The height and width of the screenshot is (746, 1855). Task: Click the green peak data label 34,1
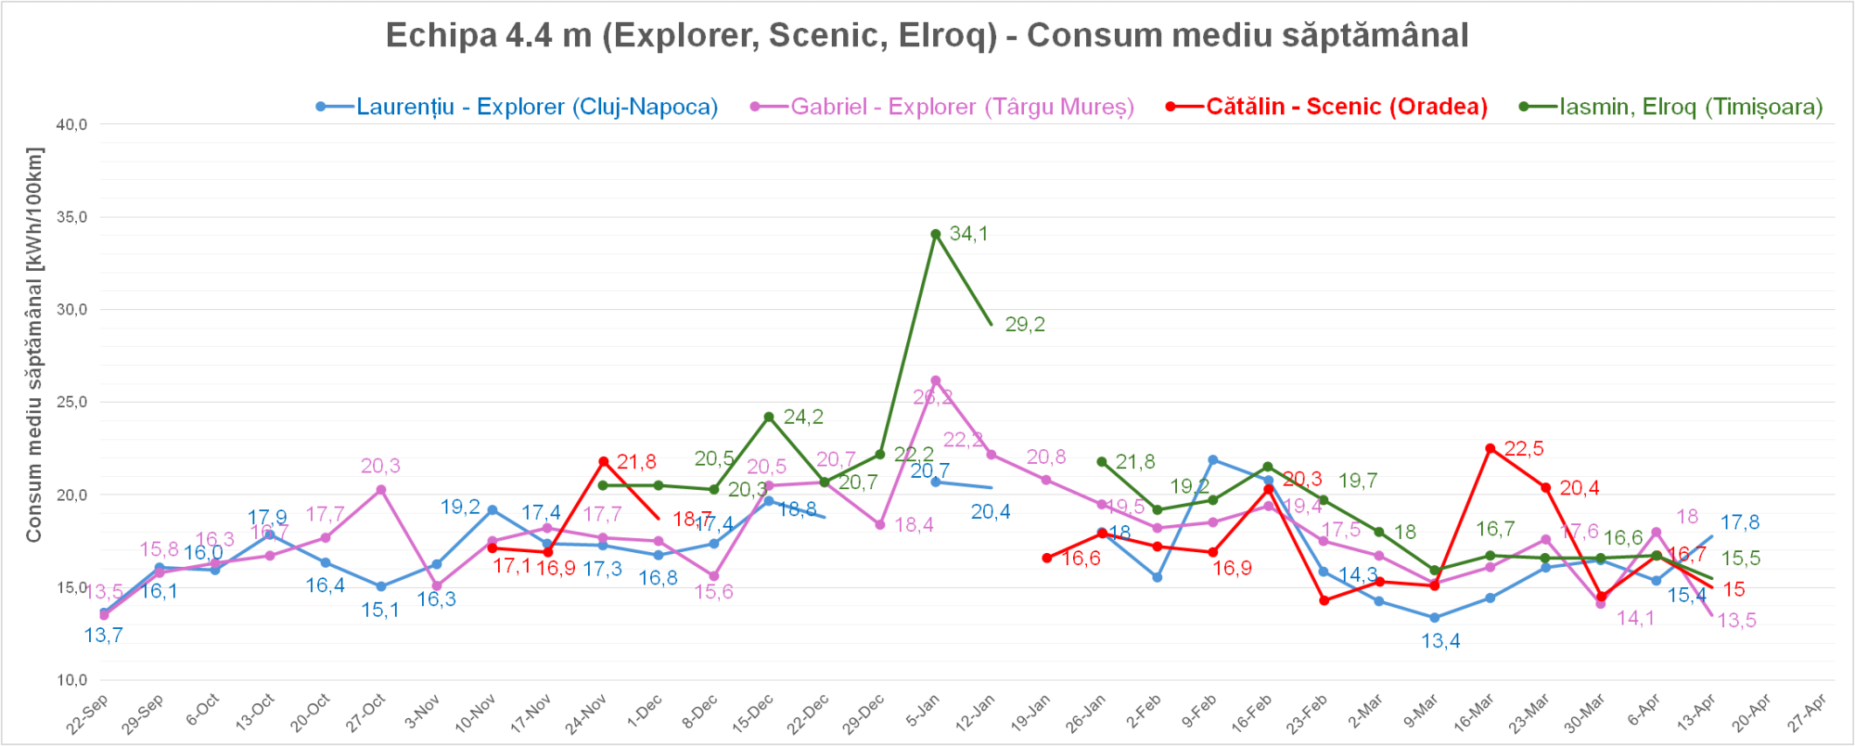pos(968,234)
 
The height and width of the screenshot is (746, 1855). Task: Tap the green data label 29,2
pos(1025,325)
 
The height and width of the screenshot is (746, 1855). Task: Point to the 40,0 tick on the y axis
pos(72,124)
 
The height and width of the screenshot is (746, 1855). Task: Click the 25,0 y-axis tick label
pos(72,402)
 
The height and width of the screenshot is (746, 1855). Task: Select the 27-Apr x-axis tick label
pos(1807,713)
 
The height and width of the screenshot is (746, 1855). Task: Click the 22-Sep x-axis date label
pos(88,713)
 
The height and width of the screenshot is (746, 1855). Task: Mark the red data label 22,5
pos(1524,449)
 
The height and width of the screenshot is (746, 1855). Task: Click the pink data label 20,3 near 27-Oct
pos(380,466)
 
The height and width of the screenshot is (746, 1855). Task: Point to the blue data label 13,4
pos(1440,641)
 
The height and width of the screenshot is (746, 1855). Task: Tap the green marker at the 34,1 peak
pos(936,234)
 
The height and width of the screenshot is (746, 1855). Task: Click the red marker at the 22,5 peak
pos(1490,448)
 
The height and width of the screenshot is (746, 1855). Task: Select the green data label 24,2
pos(803,418)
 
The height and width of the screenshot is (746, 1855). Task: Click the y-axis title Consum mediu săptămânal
pos(34,344)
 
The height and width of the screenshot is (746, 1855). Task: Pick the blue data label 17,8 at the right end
pos(1739,522)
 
